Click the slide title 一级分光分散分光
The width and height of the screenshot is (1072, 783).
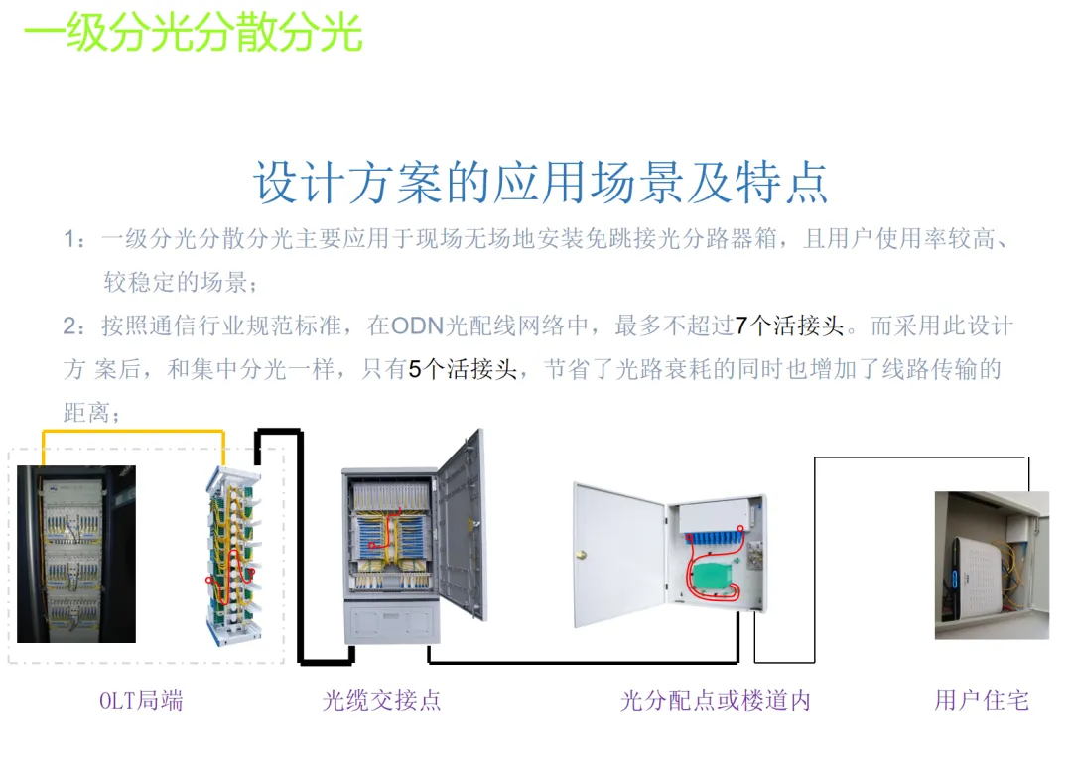coord(193,34)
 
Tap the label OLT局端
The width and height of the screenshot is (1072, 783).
coord(141,700)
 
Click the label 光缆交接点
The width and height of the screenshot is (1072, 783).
coord(382,700)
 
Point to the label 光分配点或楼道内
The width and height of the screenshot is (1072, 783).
coord(716,700)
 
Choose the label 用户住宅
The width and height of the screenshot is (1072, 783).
coord(981,700)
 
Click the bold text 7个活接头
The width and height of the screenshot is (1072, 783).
coord(789,326)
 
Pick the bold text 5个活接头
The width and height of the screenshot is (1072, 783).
coord(463,369)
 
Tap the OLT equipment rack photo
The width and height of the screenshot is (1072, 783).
coord(76,554)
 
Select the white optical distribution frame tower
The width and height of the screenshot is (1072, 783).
coord(234,556)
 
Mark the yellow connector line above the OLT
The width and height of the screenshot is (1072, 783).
coord(133,432)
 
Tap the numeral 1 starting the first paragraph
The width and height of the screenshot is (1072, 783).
coord(69,239)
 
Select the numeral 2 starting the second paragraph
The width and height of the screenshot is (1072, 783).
coord(69,326)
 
